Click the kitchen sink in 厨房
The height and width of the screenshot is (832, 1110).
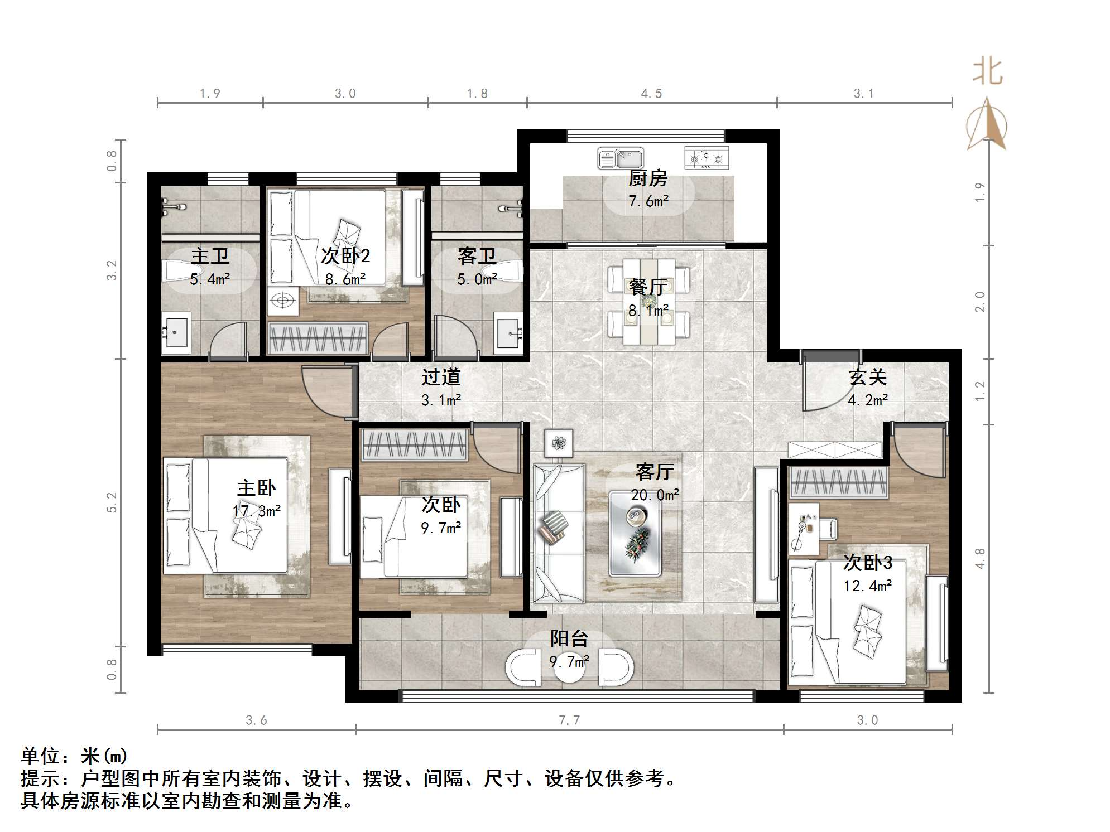620,158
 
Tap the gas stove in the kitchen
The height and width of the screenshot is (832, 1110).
706,158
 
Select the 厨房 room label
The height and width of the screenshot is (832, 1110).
647,178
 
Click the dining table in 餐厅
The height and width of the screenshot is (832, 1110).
648,301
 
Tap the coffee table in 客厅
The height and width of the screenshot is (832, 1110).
635,533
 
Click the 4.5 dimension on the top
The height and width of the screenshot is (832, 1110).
651,94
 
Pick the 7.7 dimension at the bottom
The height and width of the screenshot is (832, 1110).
569,720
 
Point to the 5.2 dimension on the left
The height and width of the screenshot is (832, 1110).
112,502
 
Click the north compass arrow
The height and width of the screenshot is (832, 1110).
987,125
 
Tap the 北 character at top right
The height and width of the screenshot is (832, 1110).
987,72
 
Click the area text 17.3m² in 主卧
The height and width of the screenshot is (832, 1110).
256,511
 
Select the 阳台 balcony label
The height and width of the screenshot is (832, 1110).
569,638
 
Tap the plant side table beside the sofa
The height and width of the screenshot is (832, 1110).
559,443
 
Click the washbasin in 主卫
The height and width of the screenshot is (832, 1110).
176,332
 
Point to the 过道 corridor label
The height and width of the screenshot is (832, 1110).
441,378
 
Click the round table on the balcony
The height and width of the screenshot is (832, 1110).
569,666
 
